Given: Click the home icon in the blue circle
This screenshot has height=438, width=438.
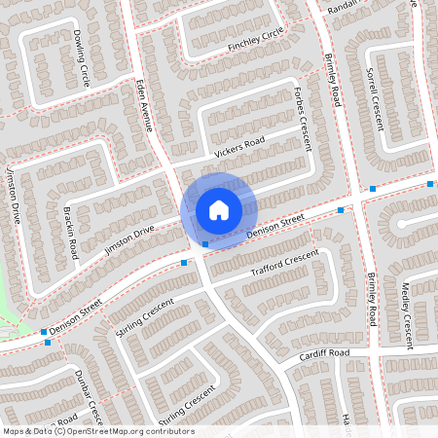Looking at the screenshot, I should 219,209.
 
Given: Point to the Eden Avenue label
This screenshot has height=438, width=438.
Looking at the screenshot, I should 147,106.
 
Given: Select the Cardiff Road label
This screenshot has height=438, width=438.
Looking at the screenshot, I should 323,352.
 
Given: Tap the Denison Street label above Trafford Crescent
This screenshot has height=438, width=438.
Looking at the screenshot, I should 275,225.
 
